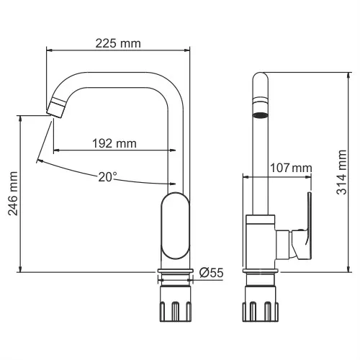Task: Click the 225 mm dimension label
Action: pyautogui.click(x=118, y=43)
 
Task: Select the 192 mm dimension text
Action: pyautogui.click(x=114, y=143)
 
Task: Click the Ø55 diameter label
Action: pyautogui.click(x=210, y=272)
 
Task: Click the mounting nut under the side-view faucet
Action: pyautogui.click(x=260, y=302)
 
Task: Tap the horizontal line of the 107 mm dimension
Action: pyautogui.click(x=277, y=175)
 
